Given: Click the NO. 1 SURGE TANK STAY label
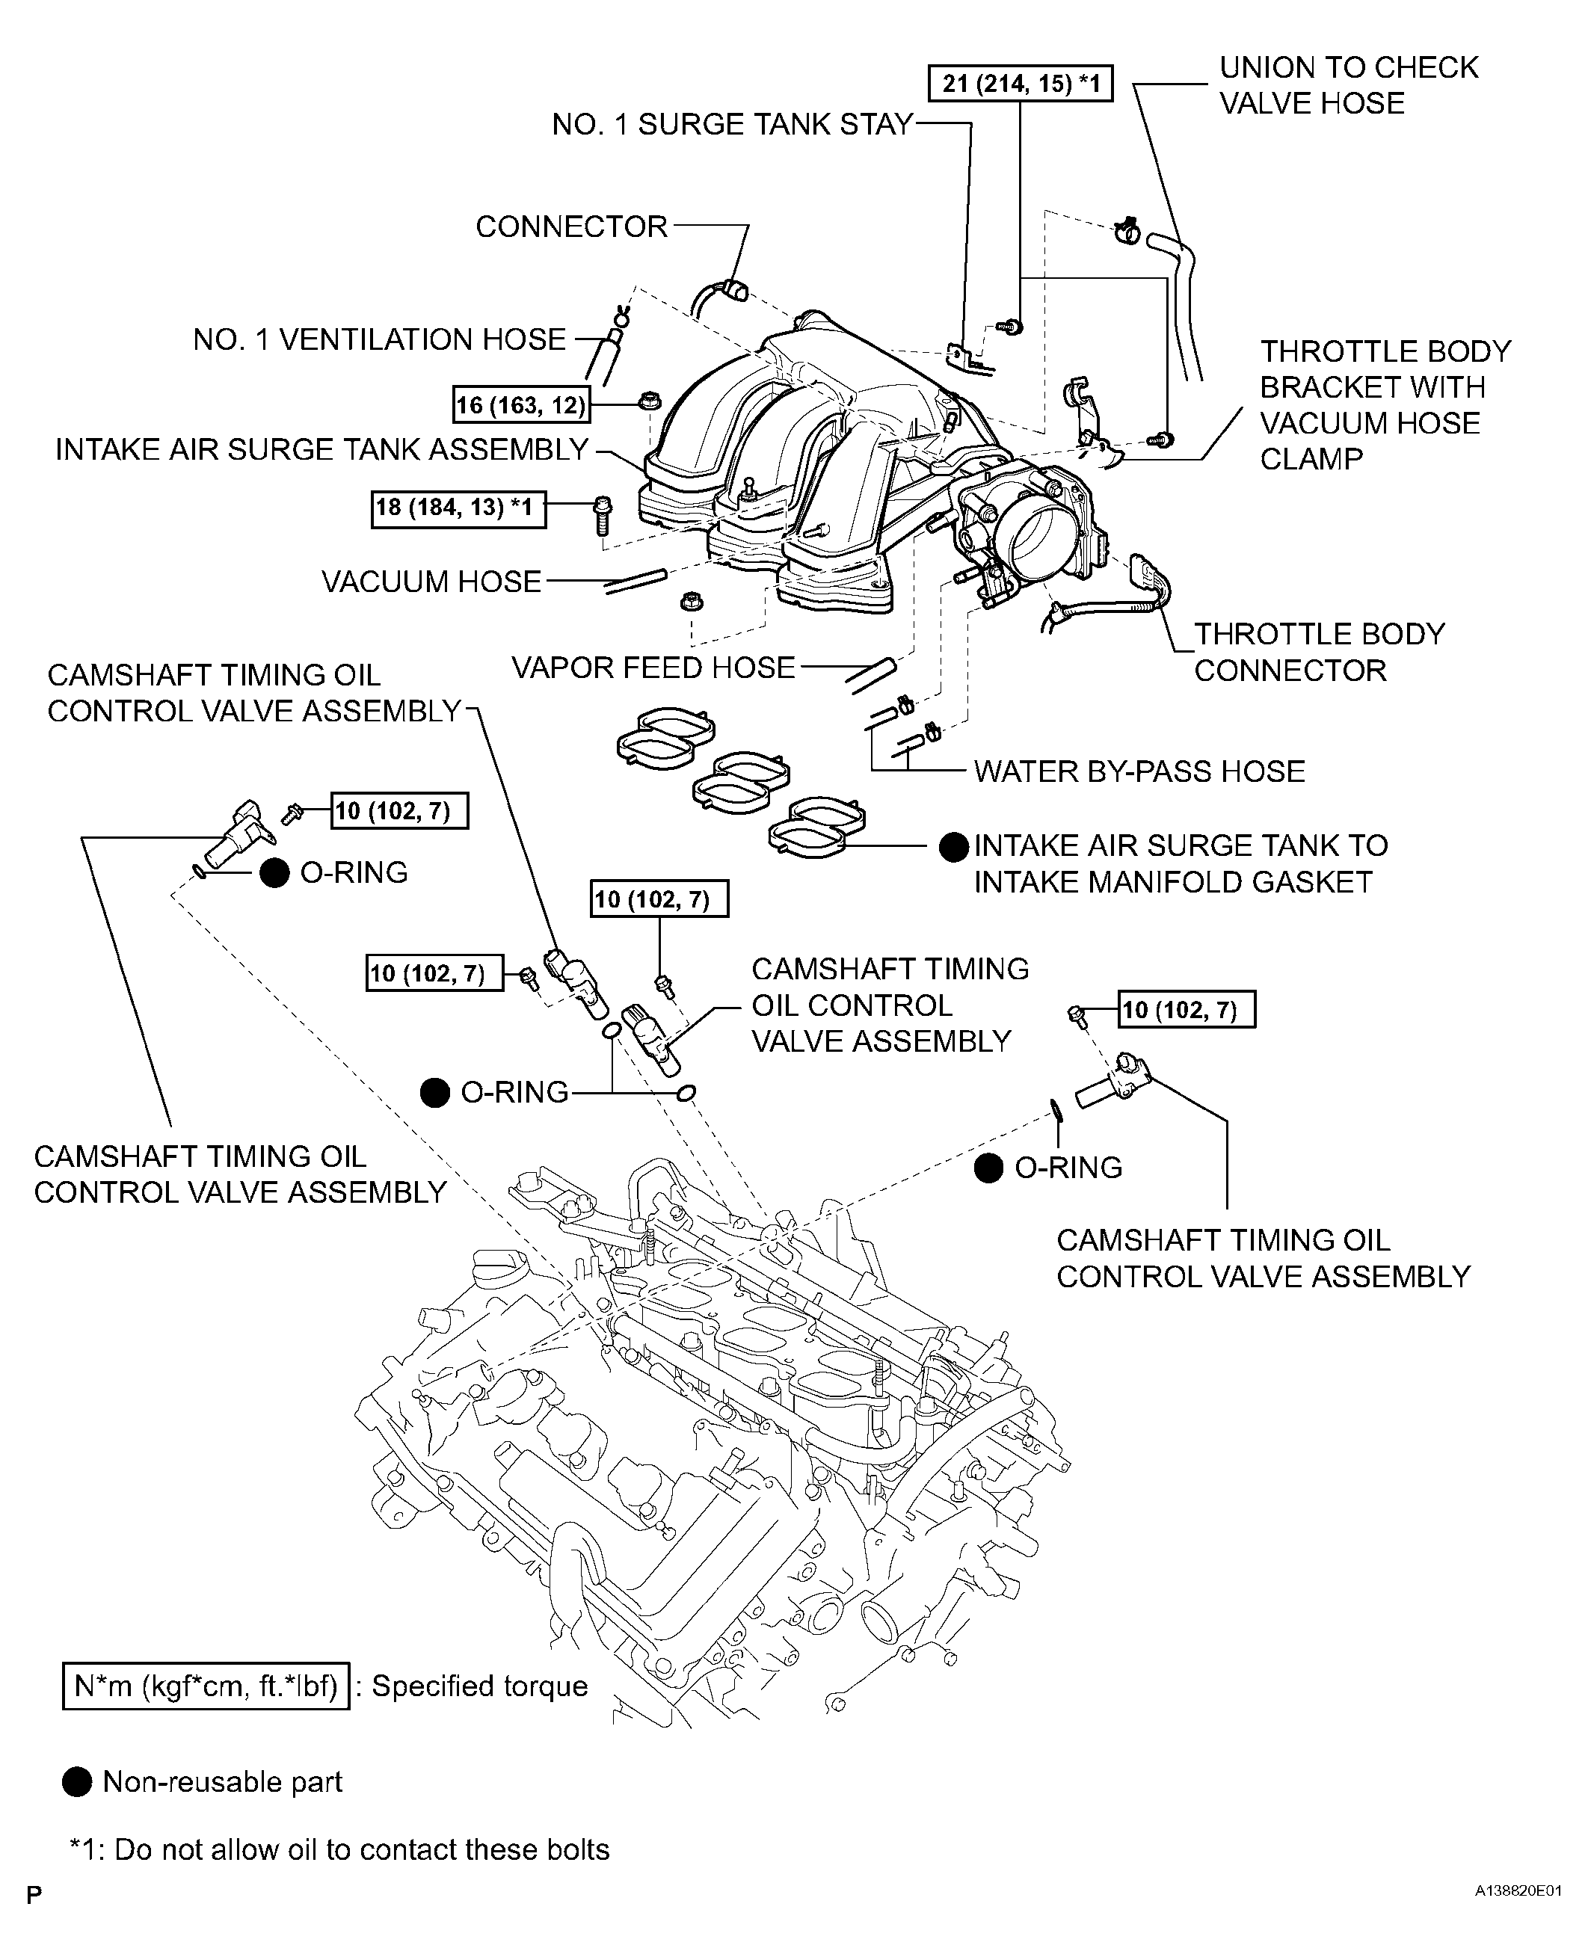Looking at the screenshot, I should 732,124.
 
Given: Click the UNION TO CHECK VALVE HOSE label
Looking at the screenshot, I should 1348,85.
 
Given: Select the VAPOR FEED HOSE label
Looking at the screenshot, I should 653,668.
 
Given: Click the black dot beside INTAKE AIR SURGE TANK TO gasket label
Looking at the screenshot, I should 954,848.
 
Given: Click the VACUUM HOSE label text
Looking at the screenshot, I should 431,582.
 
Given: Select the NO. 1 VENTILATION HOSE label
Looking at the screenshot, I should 379,340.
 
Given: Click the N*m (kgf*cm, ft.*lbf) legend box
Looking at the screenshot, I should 206,1686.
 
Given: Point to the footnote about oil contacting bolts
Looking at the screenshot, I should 339,1849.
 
